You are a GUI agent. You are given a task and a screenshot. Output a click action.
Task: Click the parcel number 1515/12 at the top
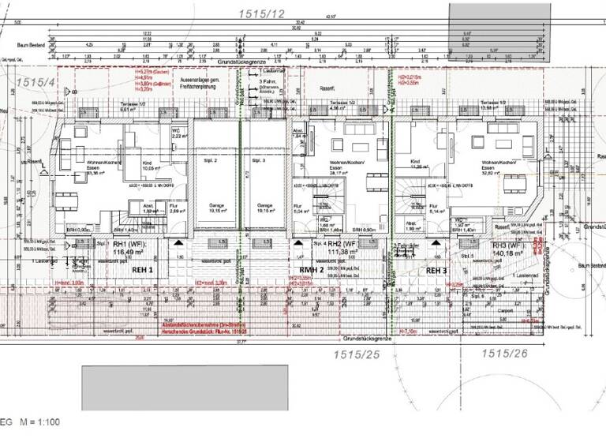click(262, 13)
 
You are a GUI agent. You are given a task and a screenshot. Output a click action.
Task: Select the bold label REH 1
click(133, 270)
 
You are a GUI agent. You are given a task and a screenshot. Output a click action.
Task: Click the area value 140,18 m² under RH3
click(509, 255)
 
